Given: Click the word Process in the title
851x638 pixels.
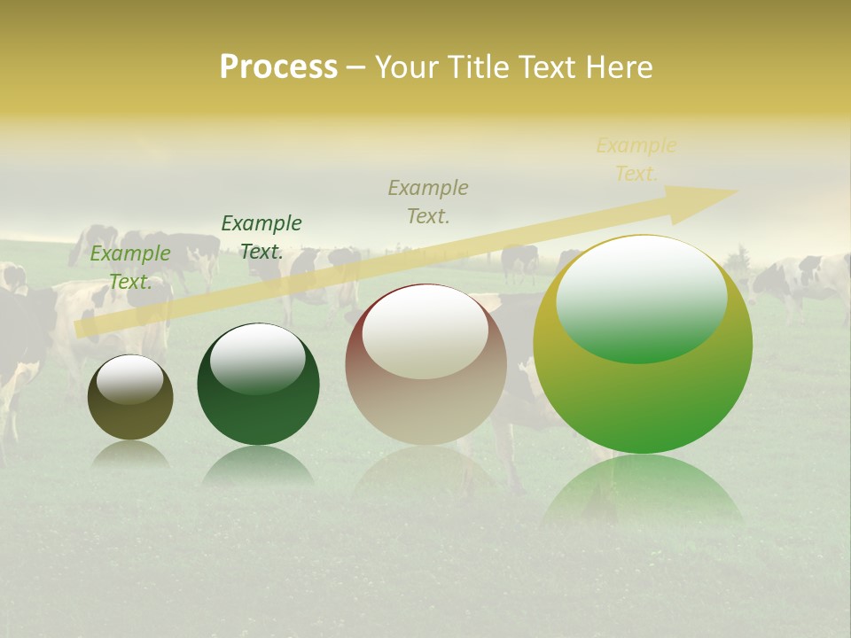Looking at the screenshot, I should click(278, 67).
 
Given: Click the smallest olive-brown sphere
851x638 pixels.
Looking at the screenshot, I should click(130, 398).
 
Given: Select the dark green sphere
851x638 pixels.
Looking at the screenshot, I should click(258, 385).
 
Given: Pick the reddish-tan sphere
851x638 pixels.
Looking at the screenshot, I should click(425, 364).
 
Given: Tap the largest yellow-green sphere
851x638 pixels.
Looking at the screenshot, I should click(643, 344).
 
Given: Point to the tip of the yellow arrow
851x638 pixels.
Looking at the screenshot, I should click(736, 191).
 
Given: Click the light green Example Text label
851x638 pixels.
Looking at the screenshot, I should click(130, 267).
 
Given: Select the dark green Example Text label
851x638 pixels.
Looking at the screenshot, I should click(262, 237).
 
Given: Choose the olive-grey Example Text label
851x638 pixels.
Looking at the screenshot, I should click(428, 201).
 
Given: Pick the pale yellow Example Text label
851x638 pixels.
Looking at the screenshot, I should click(636, 159).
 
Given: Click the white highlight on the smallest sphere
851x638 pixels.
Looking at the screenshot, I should click(129, 380).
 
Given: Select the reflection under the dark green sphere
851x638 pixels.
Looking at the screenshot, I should click(258, 465).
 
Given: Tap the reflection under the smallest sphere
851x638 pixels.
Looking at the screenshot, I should click(130, 454).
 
